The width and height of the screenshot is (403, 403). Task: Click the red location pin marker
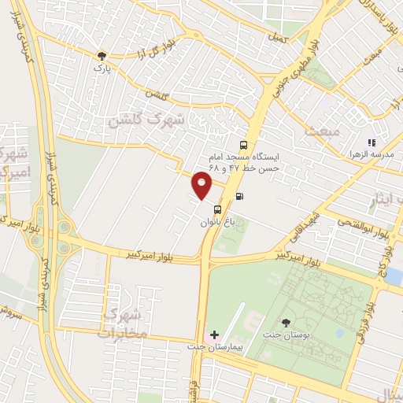tap(202, 186)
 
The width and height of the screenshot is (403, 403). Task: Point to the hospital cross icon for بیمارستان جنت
tap(214, 335)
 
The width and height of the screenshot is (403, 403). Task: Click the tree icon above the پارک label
tap(100, 56)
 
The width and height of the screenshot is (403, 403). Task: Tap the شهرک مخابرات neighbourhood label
tap(124, 324)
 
